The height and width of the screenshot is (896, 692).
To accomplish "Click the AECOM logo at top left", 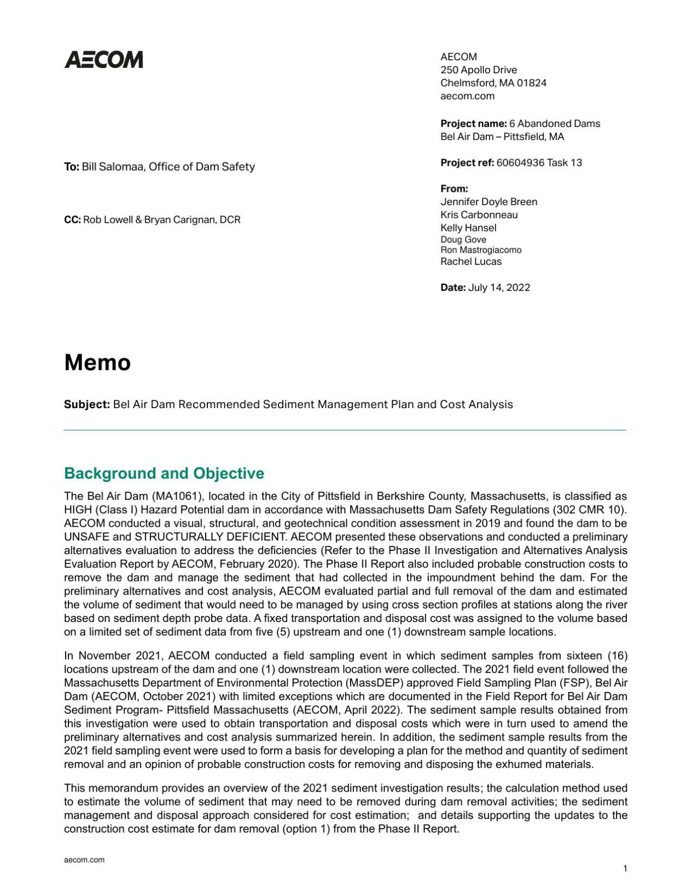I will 104,60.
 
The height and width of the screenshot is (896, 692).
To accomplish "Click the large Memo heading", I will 97,363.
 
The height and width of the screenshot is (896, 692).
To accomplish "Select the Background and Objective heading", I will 164,473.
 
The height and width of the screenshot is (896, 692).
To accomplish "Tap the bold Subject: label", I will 87,404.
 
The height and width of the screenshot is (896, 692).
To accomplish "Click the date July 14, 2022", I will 499,288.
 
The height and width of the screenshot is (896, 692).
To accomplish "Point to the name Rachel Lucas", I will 471,261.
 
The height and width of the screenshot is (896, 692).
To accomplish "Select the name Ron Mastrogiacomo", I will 481,250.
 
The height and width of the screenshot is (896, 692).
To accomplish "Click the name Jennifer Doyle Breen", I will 489,202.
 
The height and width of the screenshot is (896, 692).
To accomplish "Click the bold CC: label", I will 72,220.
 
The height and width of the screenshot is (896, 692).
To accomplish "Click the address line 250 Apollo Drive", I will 478,70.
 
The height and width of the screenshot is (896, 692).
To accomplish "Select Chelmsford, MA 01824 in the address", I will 493,83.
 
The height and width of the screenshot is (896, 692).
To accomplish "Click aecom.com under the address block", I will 467,96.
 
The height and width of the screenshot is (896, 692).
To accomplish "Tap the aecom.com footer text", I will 84,860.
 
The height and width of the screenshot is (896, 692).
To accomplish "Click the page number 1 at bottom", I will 625,869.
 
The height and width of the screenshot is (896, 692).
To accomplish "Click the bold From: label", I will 454,189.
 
